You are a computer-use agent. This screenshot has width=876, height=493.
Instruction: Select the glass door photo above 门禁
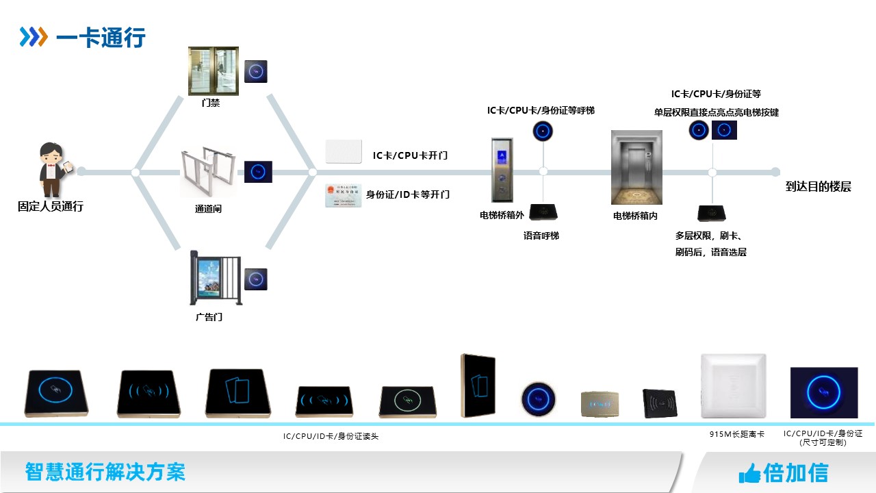point(214,71)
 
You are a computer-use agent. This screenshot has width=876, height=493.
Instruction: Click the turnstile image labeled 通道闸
point(208,172)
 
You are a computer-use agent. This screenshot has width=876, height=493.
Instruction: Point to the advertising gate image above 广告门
point(215,279)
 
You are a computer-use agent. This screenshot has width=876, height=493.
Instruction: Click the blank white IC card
point(343,152)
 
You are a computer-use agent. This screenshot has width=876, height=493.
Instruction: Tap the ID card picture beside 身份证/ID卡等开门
point(342,196)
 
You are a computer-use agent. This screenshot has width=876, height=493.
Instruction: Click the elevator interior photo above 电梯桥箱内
point(636,168)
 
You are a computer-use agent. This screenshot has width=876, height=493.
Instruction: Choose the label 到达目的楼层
point(818,187)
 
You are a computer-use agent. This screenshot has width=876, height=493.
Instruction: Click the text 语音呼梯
point(541,236)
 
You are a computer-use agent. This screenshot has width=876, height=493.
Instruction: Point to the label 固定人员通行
point(51,206)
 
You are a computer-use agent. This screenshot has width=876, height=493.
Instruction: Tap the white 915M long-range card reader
point(733,386)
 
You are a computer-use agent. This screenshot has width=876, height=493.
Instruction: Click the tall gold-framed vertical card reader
point(478,385)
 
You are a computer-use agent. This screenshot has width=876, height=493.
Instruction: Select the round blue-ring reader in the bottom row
point(538,398)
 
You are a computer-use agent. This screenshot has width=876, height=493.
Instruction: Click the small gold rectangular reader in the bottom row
point(600,403)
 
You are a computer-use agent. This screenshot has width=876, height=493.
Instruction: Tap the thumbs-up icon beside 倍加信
point(749,473)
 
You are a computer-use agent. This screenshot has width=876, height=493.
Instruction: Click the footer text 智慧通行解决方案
point(105,472)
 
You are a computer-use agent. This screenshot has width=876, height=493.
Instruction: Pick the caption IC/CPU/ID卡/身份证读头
point(331,436)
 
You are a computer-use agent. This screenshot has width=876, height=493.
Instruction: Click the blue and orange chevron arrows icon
point(34,37)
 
